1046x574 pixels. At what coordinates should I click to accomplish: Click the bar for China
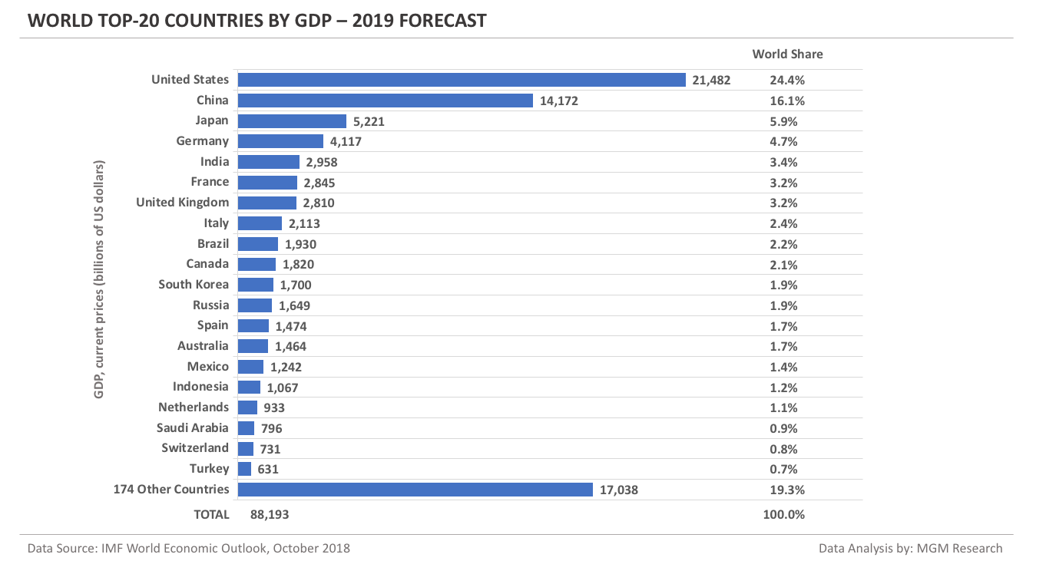385,101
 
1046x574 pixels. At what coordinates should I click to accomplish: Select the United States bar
461,80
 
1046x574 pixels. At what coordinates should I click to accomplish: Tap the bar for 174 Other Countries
415,490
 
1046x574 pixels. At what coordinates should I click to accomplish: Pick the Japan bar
292,121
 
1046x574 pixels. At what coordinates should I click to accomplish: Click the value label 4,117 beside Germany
346,142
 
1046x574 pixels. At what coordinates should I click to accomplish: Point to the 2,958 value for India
322,162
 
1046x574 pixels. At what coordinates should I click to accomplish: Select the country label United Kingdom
182,203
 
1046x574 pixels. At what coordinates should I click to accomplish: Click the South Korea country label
193,285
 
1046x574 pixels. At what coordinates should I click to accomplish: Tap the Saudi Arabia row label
192,428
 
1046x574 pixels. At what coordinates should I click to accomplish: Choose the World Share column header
787,54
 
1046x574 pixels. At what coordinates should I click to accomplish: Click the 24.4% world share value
787,80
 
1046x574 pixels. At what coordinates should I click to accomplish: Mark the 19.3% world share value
787,490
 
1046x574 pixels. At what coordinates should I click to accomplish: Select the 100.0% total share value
784,514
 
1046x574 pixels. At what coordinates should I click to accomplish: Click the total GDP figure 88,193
270,514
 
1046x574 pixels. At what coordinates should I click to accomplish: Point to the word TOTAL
211,514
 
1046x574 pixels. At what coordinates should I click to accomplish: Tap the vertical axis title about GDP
99,279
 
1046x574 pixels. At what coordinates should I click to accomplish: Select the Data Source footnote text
188,549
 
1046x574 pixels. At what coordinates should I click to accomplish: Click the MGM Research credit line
910,549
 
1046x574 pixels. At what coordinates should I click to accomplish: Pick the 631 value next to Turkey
268,469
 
